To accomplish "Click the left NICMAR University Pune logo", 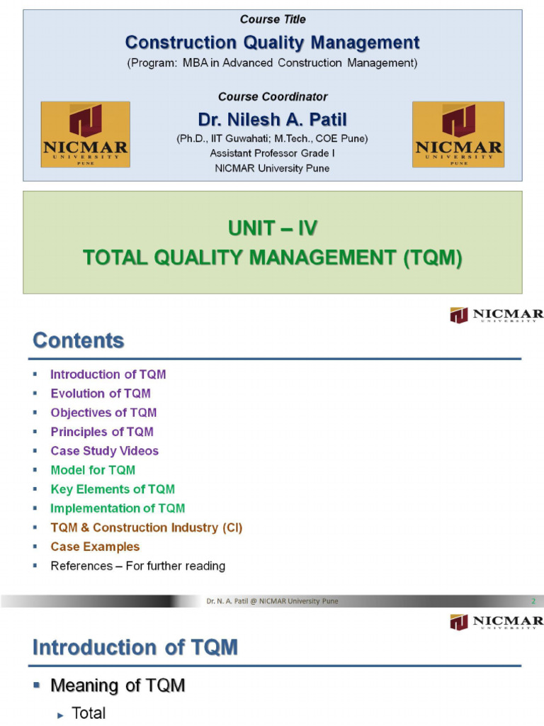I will point(85,134).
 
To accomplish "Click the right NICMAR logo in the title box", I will point(458,134).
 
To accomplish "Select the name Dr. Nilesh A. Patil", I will point(272,120).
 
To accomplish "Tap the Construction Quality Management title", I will point(272,43).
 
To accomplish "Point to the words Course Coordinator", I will point(272,96).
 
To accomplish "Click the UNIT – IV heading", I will point(273,228).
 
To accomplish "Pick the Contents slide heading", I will point(79,341).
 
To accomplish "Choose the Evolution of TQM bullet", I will point(101,393).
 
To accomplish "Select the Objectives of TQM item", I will point(103,413).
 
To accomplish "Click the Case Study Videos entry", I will point(104,451).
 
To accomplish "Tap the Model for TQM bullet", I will point(93,470).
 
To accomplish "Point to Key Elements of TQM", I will point(113,489).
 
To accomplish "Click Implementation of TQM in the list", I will point(118,508).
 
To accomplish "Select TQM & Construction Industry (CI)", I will point(147,527).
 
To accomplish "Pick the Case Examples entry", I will point(95,547).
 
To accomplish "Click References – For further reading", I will point(137,566).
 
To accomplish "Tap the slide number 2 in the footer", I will point(533,601).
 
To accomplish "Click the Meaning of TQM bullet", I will point(118,686).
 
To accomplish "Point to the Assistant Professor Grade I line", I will point(272,153).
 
